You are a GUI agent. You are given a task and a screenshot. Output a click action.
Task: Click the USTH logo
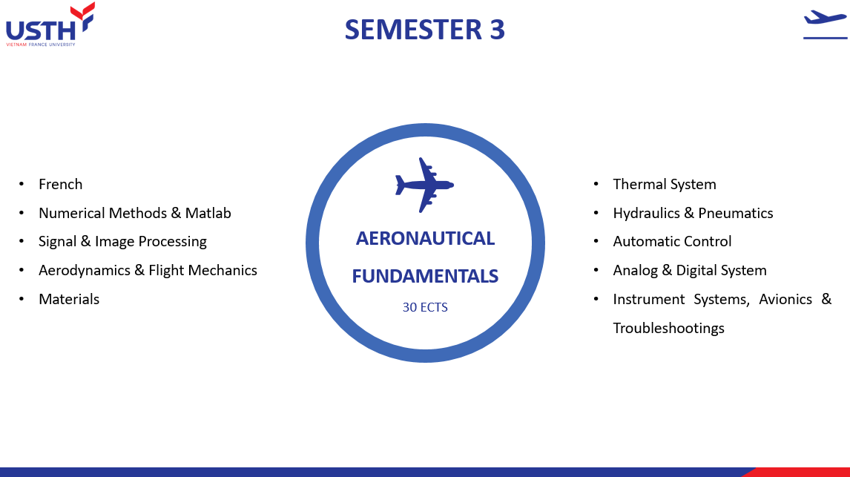point(50,25)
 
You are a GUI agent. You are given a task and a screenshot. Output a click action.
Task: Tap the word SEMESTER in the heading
point(413,30)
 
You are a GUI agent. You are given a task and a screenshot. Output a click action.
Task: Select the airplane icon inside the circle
point(424,185)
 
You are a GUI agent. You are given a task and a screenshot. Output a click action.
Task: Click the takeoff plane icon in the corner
point(825,24)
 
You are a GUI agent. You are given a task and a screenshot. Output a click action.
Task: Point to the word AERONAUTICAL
point(425,239)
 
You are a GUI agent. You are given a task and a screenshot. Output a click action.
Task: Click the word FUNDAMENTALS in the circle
point(425,277)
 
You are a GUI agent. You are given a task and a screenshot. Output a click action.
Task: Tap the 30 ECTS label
point(425,307)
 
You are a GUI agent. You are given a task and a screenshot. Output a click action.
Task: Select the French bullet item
point(61,184)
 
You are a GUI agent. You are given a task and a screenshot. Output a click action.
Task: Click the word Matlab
point(208,213)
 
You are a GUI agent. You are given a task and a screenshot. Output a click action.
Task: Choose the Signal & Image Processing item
point(122,242)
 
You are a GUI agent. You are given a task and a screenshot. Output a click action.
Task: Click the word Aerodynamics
point(85,271)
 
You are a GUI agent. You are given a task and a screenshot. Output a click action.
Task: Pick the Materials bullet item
point(69,299)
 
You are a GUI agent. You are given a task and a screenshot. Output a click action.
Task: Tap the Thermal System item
point(665,184)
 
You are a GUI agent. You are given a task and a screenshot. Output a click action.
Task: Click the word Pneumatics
point(736,213)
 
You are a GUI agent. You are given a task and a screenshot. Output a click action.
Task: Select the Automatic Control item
point(672,242)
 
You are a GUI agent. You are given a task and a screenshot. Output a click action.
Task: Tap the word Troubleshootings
point(668,329)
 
